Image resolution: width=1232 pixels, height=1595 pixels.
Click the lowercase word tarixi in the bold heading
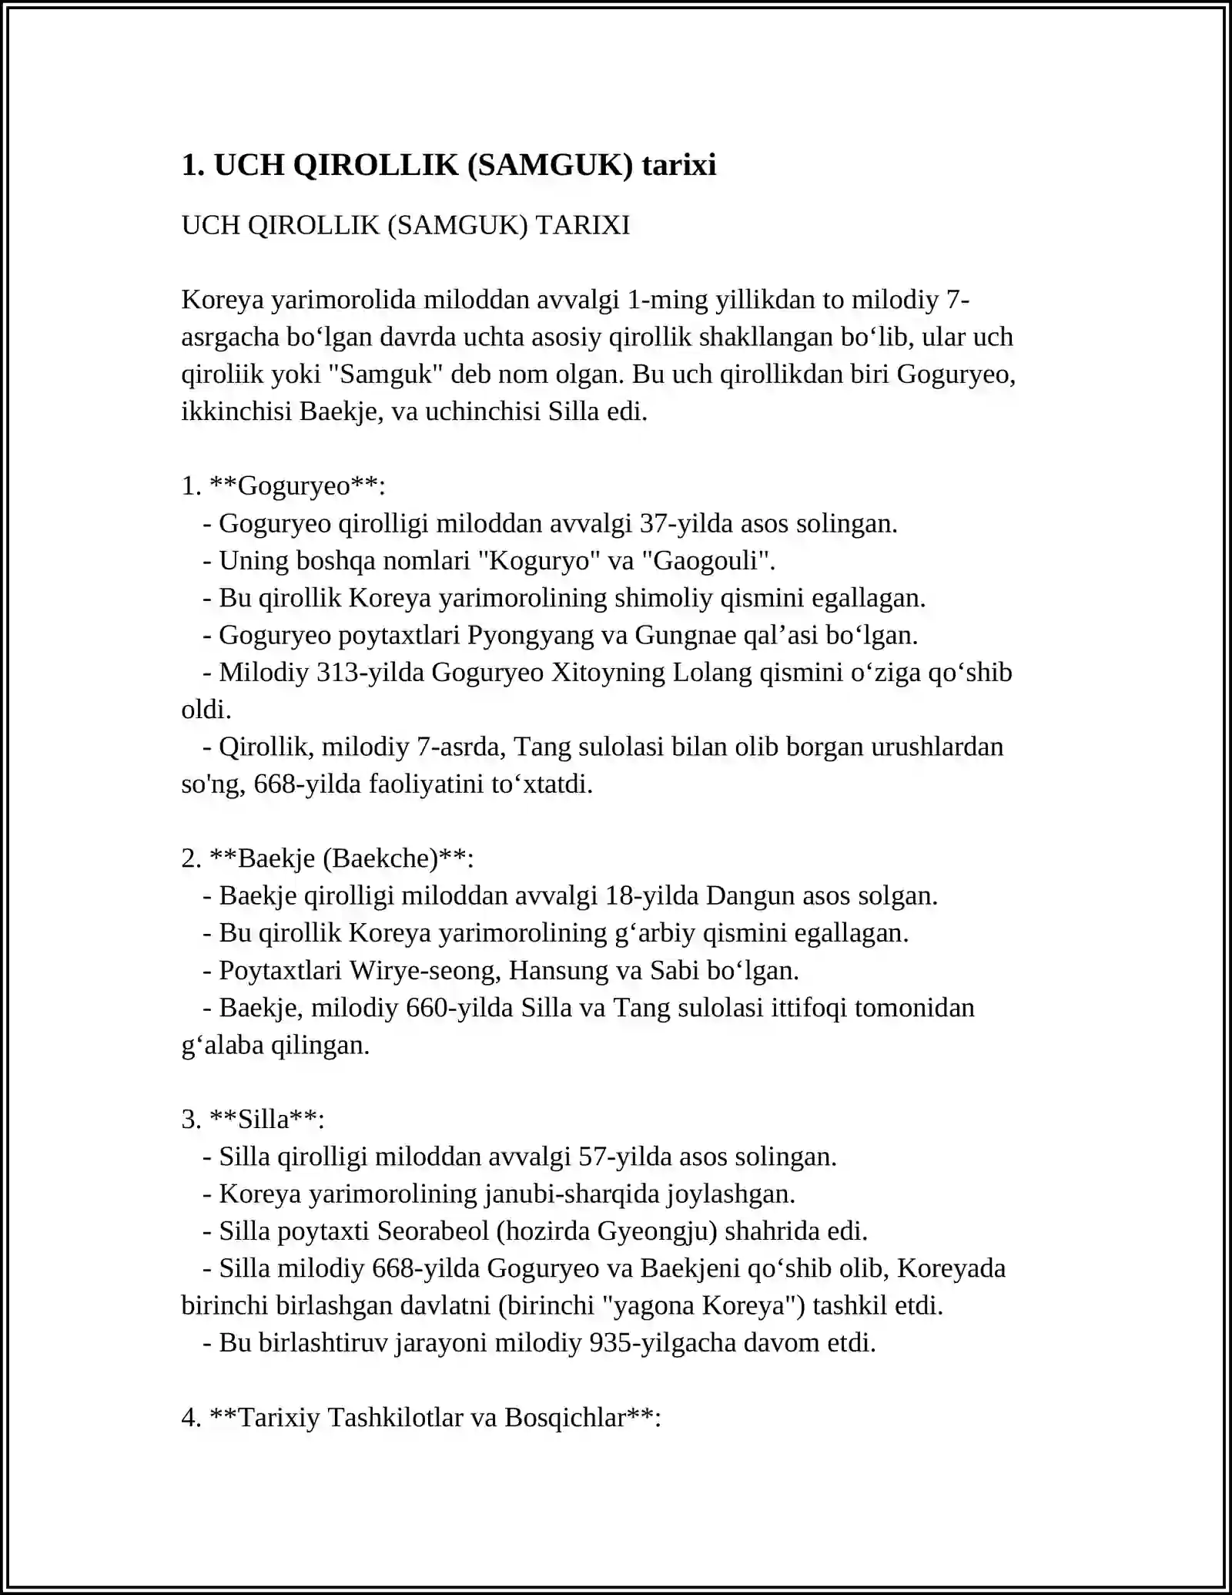(x=679, y=166)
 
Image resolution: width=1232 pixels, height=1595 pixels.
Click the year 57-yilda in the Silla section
(x=625, y=1157)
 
